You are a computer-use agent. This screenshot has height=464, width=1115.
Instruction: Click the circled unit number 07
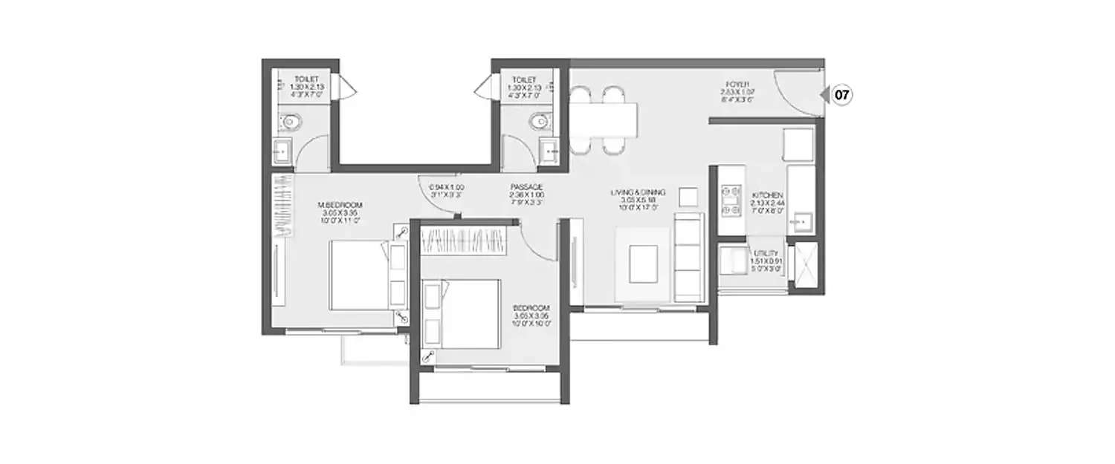click(841, 95)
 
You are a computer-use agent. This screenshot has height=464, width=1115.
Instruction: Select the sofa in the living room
click(688, 257)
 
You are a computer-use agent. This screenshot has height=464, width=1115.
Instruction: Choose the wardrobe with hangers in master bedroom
click(283, 206)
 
